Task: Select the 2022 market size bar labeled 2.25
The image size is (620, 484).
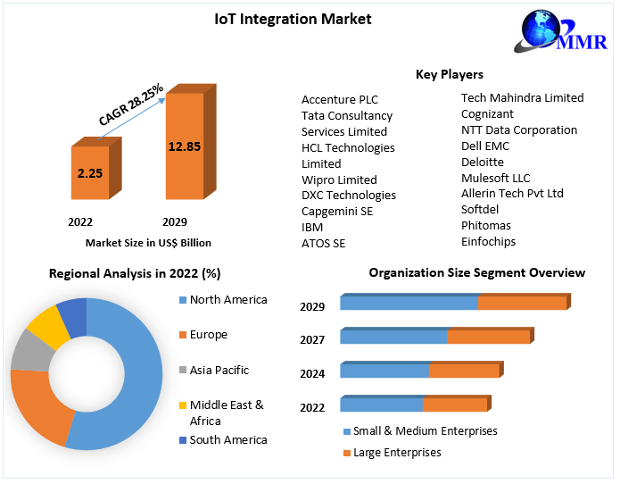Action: tap(89, 173)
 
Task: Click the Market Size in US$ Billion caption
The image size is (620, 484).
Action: tap(148, 242)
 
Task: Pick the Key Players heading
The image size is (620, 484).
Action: tap(450, 74)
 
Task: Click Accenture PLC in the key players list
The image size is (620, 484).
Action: tap(340, 99)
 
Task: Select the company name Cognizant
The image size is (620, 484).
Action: tap(487, 113)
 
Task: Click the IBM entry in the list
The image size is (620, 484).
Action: tap(312, 227)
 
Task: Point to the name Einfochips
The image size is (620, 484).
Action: tap(488, 241)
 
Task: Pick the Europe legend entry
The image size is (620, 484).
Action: tap(208, 334)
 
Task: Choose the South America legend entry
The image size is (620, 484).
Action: tap(227, 439)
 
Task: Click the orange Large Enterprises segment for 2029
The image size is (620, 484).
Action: tap(521, 304)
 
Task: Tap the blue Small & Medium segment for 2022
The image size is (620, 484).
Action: tap(381, 405)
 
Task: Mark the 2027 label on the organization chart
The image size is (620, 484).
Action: tap(312, 339)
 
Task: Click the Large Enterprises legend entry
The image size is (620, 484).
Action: tap(396, 453)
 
